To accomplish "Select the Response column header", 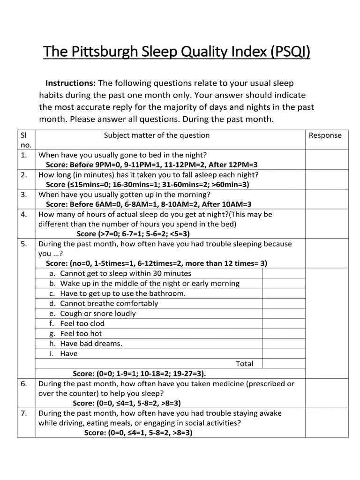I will [325, 135].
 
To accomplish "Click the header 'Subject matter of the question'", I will [157, 135].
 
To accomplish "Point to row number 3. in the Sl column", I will [25, 195].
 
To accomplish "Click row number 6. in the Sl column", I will [25, 384].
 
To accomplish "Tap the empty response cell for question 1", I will [327, 160].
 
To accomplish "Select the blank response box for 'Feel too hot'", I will [282, 334].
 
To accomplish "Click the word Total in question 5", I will [244, 364].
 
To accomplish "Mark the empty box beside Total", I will [282, 364].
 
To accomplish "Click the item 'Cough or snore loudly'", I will [97, 314].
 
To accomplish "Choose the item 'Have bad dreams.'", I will [91, 344].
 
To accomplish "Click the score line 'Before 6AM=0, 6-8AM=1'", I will [149, 204].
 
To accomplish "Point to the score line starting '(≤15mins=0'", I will [148, 185].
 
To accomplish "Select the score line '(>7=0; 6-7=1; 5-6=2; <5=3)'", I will [133, 234].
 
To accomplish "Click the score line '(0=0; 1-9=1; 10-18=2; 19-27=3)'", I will [139, 374].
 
